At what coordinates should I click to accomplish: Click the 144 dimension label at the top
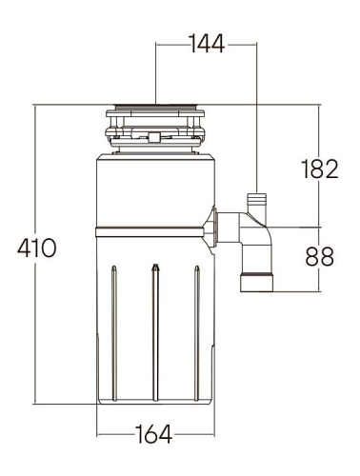[x=207, y=45]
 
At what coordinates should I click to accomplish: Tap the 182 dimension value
[x=319, y=169]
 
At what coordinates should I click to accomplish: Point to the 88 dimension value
[x=320, y=256]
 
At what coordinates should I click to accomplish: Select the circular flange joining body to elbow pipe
[x=217, y=228]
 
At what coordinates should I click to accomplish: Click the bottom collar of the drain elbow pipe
[x=257, y=283]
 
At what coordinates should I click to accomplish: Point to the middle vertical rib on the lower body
[x=154, y=333]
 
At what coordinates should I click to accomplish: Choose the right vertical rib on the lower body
[x=196, y=333]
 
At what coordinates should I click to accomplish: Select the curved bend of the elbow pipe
[x=255, y=233]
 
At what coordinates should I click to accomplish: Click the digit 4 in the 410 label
[x=24, y=248]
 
